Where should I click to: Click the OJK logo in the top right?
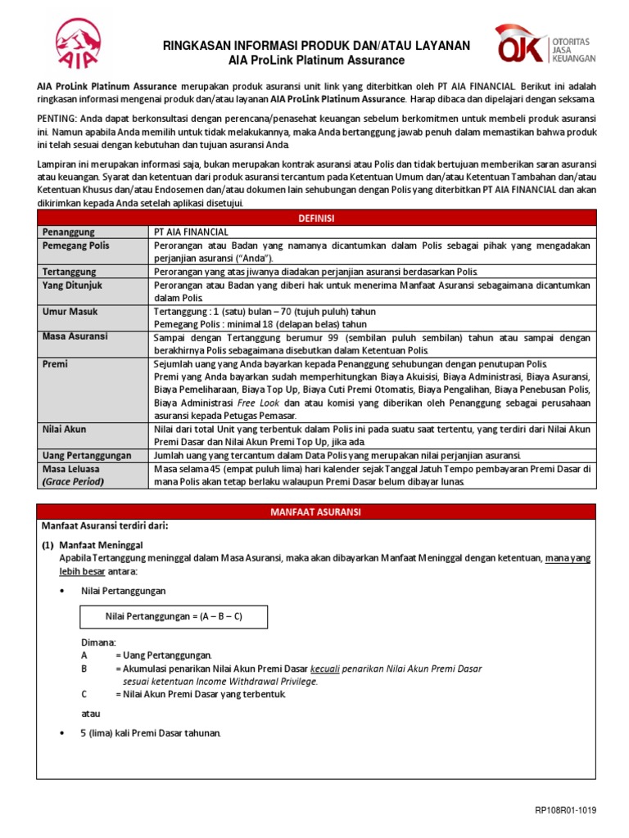544,46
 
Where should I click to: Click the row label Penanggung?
70,232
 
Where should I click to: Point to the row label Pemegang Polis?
76,245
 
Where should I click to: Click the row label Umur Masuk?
71,311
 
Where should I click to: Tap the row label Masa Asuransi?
75,337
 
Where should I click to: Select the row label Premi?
56,363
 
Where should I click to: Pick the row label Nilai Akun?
65,428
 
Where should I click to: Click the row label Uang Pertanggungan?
88,454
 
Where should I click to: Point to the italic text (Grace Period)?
74,481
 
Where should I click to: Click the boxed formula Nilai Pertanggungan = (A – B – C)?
174,616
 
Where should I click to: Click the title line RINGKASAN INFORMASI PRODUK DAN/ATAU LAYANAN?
316,45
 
